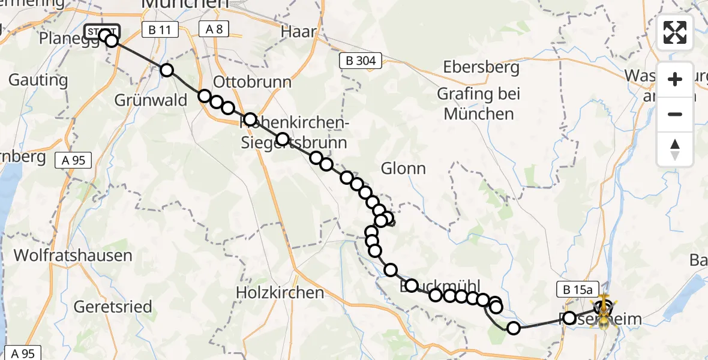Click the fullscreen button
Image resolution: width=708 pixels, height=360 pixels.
[x=675, y=32]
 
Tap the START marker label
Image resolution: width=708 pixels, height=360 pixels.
[x=102, y=32]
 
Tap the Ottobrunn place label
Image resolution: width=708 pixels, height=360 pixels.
[x=253, y=82]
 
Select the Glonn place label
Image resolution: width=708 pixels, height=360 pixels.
[x=403, y=169]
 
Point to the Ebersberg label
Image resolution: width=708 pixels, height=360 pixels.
[x=481, y=67]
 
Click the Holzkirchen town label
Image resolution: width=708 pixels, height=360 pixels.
[x=280, y=293]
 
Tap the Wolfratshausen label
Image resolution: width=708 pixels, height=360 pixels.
[x=73, y=256]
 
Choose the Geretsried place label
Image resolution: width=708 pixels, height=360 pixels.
[x=113, y=307]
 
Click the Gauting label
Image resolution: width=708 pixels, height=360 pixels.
[x=38, y=80]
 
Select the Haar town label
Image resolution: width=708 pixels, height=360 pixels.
[x=299, y=32]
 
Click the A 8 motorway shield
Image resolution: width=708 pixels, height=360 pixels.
[x=214, y=29]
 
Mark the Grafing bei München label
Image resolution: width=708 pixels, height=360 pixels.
[x=478, y=104]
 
